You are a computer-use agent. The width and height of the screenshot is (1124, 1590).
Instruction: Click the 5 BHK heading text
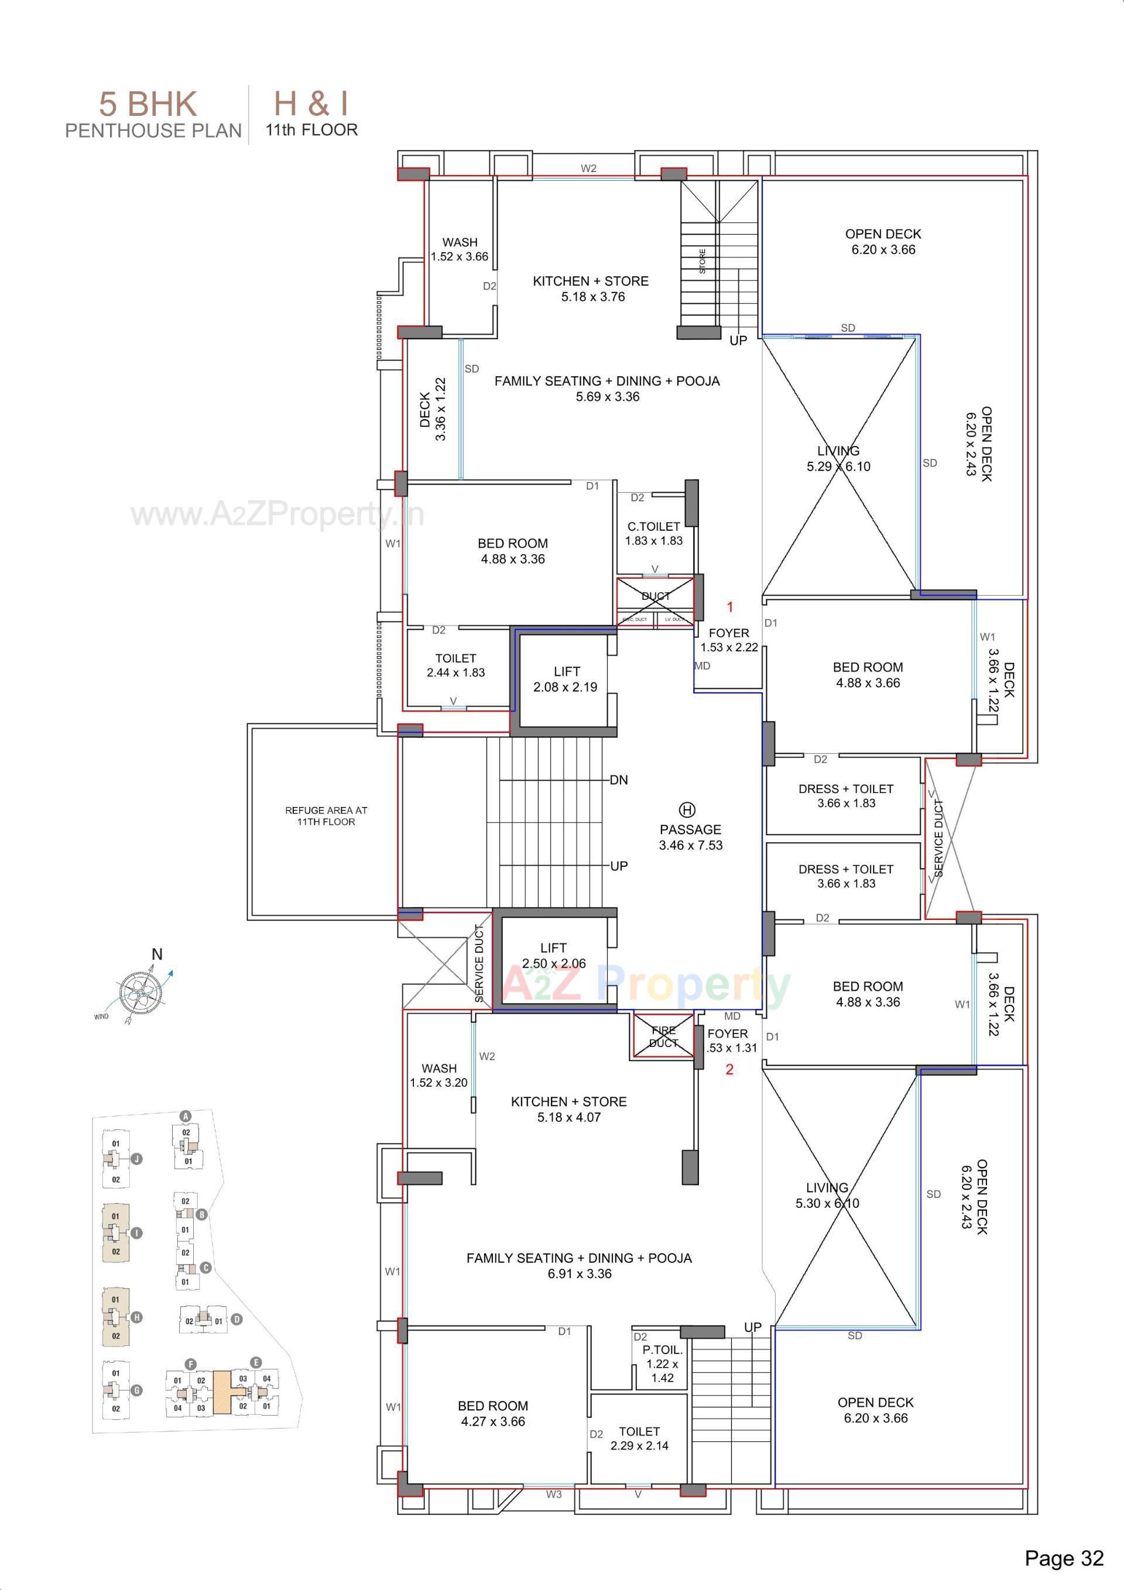[148, 105]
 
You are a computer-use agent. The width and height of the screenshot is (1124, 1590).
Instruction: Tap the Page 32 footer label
[1064, 1558]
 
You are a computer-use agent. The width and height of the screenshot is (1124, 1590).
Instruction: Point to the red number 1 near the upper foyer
[729, 607]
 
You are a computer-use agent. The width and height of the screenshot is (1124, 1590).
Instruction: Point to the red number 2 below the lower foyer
[729, 1069]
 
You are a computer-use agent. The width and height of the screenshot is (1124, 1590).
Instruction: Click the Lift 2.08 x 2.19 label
[566, 679]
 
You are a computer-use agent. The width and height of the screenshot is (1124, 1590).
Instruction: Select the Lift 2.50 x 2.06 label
[554, 955]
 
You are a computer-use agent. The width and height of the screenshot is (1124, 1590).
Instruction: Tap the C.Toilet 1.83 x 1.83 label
[653, 533]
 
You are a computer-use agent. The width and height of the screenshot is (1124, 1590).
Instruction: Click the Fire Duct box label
[663, 1036]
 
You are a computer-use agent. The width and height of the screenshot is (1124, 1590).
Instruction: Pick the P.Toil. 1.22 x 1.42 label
[662, 1364]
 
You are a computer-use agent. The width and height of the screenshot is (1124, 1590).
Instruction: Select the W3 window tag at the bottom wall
[554, 1495]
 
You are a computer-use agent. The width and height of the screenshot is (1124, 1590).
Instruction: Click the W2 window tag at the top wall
[588, 169]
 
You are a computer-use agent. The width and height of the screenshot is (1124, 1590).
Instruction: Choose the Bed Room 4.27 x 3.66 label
[493, 1413]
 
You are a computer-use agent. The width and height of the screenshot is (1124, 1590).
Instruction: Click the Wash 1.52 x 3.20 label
[438, 1075]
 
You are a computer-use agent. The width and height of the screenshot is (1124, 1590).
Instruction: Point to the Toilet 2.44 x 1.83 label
[455, 665]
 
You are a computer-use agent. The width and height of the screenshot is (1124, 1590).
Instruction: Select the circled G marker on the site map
[137, 1390]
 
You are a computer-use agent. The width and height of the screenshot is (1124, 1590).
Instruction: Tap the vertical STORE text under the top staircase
[702, 261]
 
